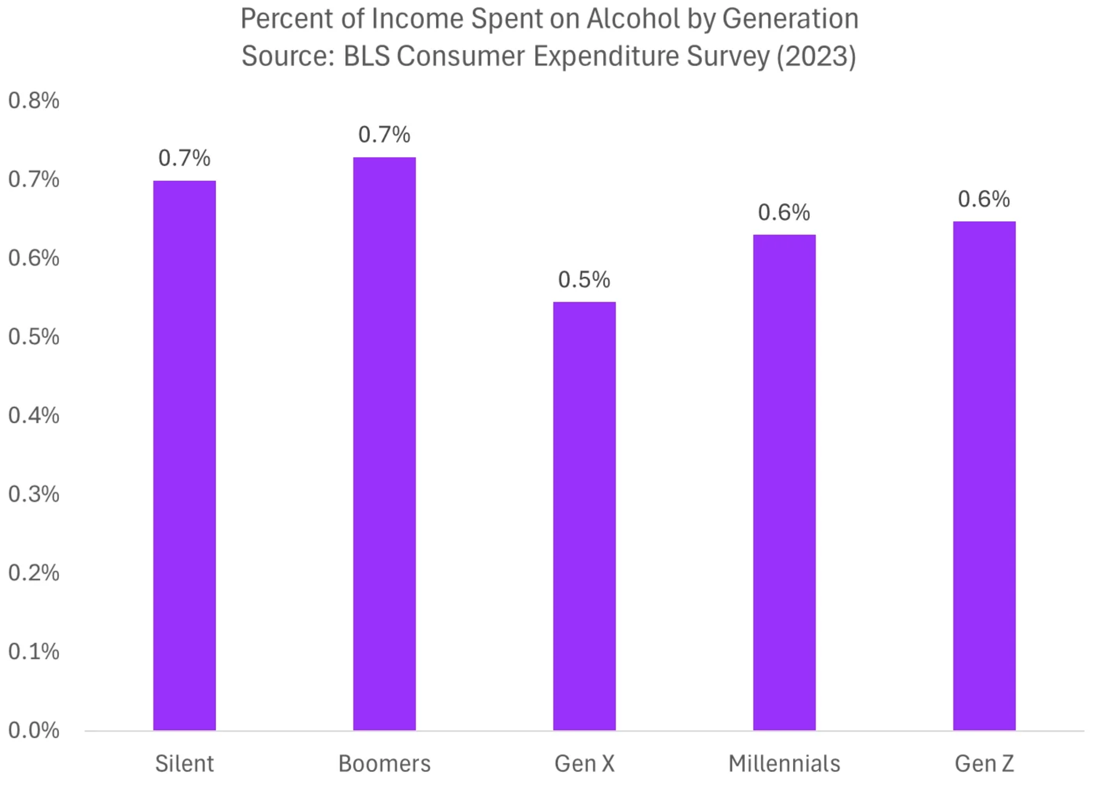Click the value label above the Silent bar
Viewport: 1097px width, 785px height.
coord(184,158)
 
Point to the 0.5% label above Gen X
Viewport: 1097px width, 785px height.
coord(584,279)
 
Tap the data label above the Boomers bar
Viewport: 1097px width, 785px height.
coord(384,134)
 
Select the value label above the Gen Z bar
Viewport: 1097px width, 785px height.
coord(984,199)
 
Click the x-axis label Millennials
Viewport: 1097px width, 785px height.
coord(784,764)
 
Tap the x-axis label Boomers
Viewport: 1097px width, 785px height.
coord(384,764)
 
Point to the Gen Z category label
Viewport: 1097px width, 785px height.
coord(984,764)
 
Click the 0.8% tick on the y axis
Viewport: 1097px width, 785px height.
coord(33,101)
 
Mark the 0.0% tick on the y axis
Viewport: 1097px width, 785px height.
coord(33,730)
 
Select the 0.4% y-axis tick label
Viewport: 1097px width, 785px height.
coord(33,415)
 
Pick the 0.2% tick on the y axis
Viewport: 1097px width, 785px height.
coord(33,573)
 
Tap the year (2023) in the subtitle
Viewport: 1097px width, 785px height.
coord(816,56)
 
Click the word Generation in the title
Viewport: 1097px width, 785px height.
coord(790,19)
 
